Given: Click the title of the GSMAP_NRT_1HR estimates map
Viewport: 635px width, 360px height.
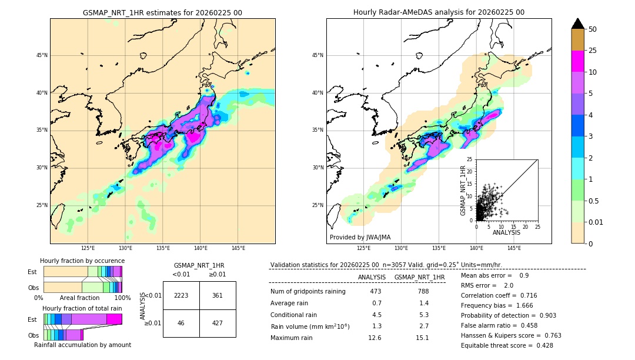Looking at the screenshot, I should click(162, 12).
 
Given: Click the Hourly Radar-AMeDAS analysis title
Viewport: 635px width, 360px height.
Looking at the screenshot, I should click(439, 12).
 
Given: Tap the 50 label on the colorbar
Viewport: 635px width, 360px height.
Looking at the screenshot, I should click(593, 29).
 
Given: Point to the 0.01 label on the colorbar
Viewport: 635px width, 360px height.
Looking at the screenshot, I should click(596, 222).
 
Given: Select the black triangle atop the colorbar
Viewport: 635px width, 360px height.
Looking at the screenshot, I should click(578, 24).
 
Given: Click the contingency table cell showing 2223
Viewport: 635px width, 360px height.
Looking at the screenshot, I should click(181, 295).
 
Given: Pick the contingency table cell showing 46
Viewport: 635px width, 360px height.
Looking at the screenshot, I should click(181, 323).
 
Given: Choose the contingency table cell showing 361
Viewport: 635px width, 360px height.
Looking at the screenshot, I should click(218, 295).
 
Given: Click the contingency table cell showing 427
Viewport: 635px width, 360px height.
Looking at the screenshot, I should click(218, 323).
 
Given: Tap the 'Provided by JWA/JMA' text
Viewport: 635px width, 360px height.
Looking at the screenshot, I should click(360, 237).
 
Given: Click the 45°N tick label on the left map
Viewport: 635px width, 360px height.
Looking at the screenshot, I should click(42, 55).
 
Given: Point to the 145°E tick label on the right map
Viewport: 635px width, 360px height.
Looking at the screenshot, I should click(514, 248).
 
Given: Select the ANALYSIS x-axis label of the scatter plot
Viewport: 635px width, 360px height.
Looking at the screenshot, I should click(506, 232).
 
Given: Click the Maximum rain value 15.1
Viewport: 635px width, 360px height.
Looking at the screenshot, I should click(423, 338).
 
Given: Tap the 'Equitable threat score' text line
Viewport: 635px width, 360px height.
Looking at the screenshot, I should click(507, 345).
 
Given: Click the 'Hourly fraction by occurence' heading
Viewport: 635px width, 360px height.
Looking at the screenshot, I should click(82, 261).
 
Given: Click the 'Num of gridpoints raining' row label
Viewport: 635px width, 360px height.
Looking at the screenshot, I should click(308, 291).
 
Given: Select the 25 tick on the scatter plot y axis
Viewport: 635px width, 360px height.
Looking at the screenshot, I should click(469, 159).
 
